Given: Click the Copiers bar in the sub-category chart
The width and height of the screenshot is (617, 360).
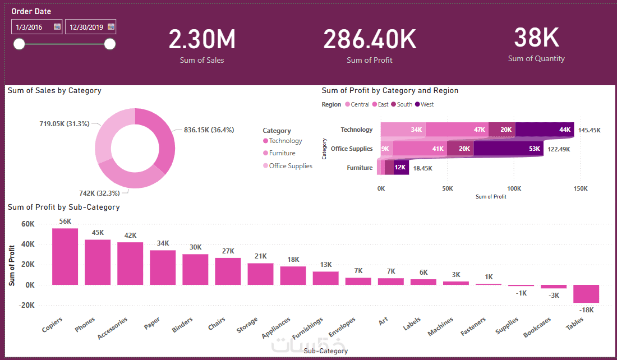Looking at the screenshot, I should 65,256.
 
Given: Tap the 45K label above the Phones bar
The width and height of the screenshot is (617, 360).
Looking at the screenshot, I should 98,233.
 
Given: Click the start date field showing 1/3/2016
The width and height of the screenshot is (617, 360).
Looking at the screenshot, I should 32,26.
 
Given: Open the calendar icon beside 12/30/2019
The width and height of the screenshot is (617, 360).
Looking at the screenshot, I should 111,26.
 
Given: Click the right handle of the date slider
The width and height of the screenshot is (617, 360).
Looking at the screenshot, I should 110,44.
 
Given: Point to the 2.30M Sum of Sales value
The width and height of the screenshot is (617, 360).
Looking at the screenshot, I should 202,39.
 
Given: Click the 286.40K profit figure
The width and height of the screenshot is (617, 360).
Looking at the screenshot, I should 369,39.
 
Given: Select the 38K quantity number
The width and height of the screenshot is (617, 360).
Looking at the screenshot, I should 536,38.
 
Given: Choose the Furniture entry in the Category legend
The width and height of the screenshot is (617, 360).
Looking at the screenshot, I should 282,153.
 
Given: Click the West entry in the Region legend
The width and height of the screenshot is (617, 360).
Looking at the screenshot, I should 427,104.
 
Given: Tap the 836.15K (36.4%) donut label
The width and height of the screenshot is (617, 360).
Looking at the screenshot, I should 209,130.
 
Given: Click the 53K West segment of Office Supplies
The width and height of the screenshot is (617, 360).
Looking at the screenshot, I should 508,149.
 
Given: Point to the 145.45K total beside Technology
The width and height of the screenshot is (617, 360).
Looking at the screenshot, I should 590,130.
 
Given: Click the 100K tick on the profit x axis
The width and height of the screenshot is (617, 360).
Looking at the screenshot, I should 514,189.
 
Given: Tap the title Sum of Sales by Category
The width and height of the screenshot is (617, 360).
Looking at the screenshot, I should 54,90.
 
